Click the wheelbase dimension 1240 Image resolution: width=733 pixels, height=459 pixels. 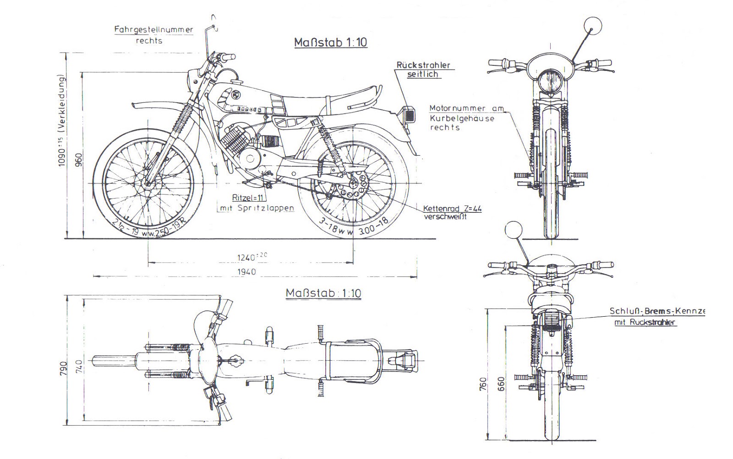(250, 258)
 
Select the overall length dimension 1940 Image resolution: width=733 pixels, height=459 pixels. (246, 272)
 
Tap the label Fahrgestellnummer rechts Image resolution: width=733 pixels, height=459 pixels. (153, 35)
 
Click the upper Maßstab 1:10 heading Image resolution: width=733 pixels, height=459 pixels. (330, 43)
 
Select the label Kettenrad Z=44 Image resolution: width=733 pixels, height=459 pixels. (452, 208)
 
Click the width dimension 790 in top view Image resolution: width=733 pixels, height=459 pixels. (63, 368)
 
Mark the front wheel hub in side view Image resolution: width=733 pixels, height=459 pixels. (148, 184)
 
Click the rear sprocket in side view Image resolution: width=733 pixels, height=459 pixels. (356, 184)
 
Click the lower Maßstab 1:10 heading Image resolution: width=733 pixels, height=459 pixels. (323, 293)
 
